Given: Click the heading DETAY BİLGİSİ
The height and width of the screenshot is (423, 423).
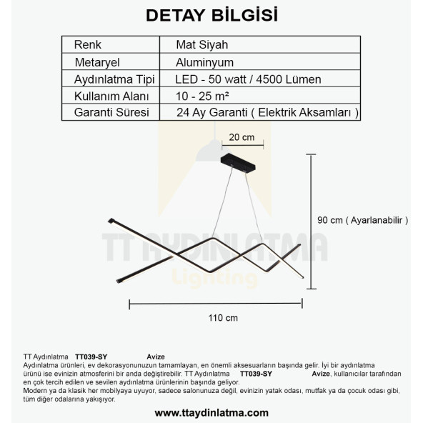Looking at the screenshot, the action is click(x=211, y=15).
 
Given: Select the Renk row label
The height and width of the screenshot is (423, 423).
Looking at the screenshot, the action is click(x=88, y=44).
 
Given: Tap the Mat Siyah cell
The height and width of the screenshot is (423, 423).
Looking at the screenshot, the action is click(x=202, y=44).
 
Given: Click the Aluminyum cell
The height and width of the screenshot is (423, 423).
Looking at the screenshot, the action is click(x=205, y=62).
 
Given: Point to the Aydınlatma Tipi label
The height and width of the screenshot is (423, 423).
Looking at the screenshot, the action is click(x=115, y=79).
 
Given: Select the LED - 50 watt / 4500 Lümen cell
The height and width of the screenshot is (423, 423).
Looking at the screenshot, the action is click(x=248, y=79).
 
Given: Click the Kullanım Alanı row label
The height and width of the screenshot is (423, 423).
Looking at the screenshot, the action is click(x=111, y=96).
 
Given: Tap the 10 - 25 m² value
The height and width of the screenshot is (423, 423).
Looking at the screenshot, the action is click(x=202, y=96).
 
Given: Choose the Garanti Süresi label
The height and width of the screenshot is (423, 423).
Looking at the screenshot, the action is click(x=111, y=113).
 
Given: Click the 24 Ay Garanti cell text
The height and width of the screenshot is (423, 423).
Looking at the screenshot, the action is click(x=267, y=113).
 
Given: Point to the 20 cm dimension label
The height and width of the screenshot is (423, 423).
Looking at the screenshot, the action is click(x=242, y=137).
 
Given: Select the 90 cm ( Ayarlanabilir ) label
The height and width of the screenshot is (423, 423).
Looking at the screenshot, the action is click(x=363, y=221).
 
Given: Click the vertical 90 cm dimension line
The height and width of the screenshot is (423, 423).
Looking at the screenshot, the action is click(x=312, y=221).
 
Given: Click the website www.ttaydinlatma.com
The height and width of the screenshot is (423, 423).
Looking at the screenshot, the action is click(x=211, y=412).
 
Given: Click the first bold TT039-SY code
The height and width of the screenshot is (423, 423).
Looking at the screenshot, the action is click(x=91, y=356).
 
